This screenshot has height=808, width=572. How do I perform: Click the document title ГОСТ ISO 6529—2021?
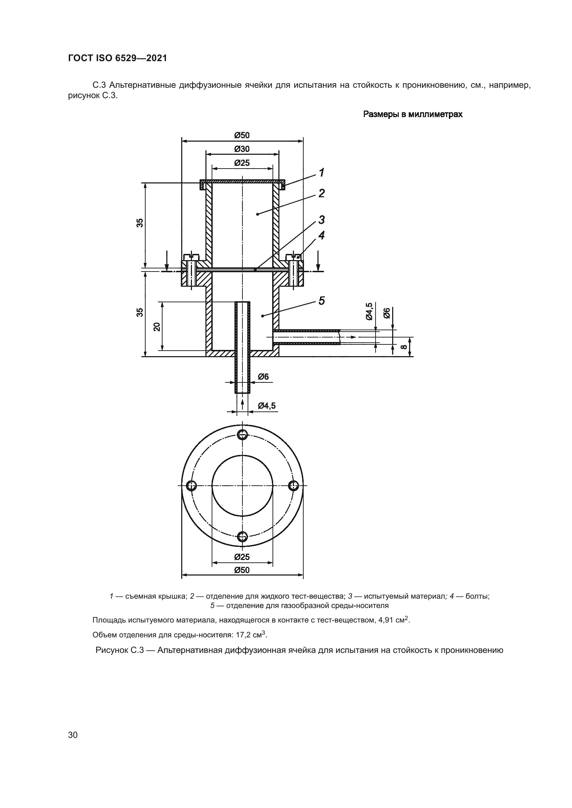[117, 58]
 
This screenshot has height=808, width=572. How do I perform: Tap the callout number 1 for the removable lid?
[321, 173]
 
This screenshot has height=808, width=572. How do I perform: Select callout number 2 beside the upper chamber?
[321, 193]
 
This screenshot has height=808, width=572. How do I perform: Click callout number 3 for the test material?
[321, 220]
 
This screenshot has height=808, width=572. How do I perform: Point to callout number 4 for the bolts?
[321, 236]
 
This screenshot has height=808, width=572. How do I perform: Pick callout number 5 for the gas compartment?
[321, 301]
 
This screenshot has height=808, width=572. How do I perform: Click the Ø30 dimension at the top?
[242, 149]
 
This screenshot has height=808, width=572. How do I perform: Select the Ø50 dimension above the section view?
[242, 135]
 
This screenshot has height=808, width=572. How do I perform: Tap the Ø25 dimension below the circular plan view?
[242, 557]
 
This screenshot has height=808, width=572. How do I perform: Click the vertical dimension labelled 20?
[157, 326]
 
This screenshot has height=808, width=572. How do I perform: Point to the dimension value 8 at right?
[404, 346]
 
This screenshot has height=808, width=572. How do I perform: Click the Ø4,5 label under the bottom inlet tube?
[267, 406]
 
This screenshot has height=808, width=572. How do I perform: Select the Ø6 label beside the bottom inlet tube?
[263, 377]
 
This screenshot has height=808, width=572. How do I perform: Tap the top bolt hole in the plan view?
[242, 435]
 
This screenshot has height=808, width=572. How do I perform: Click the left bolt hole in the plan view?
[191, 486]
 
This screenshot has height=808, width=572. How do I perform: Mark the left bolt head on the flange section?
[191, 256]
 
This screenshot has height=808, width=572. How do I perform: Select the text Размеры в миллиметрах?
[413, 114]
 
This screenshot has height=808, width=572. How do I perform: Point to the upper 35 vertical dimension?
[140, 223]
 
